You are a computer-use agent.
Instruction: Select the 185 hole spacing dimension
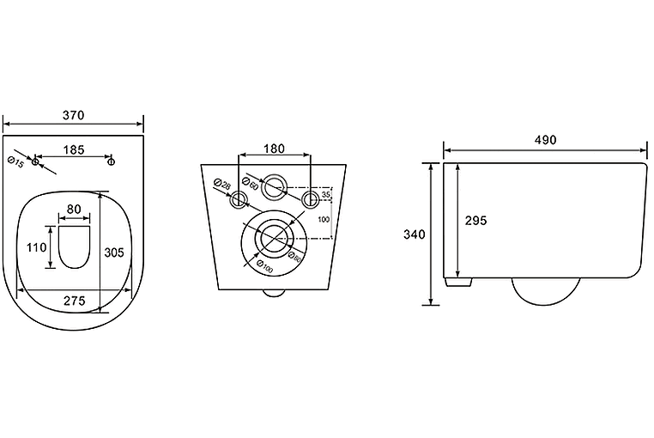pos(74,150)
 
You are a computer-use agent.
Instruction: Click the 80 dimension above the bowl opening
pos(75,209)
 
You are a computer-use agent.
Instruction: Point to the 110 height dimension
pos(35,247)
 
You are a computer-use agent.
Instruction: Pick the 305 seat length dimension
pos(116,252)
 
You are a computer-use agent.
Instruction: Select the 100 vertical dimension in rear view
pos(324,219)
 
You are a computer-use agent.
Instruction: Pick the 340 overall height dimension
pos(415,234)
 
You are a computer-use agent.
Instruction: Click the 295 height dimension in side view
pos(475,221)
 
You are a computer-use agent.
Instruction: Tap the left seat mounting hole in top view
pos(35,161)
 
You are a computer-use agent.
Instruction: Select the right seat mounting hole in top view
pos(112,161)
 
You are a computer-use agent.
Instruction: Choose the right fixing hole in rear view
pos(311,200)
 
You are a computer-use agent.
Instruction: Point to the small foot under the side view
pos(458,281)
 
